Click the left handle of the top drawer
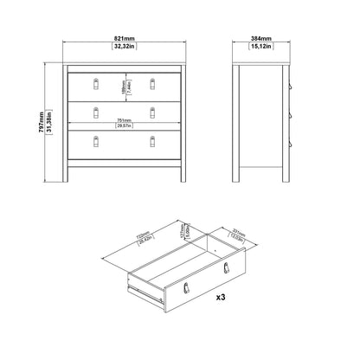tap(97, 83)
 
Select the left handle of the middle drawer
tap(97, 110)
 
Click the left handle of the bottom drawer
tap(97, 138)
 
